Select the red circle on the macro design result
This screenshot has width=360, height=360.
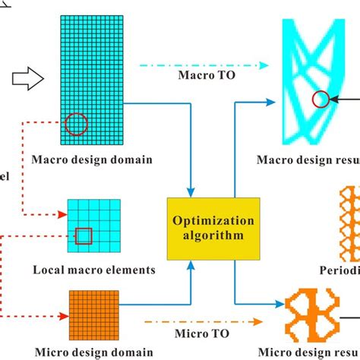321,99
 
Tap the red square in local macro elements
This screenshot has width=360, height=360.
84,237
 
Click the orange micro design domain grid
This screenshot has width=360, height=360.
94,314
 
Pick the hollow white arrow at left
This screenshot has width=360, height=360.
27,76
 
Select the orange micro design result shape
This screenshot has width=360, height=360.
315,315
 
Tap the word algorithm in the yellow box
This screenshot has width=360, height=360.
213,235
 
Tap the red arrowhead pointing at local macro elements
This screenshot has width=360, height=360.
61,215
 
